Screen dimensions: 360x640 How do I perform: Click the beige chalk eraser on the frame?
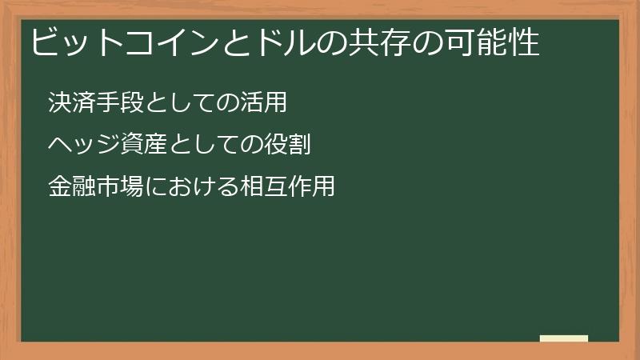(564, 338)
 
